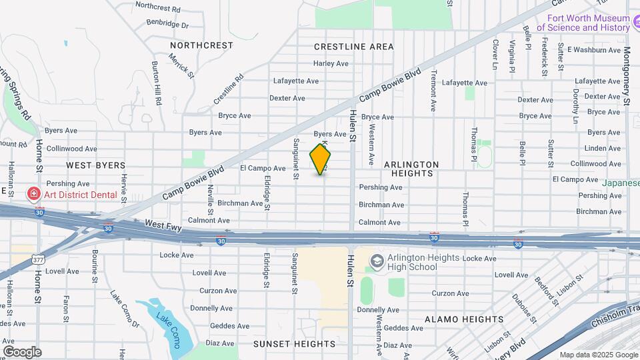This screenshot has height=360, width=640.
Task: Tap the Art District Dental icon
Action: click(33, 195)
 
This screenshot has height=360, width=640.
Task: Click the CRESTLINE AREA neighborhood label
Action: click(354, 47)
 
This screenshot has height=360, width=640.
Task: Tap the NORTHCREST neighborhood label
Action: click(201, 45)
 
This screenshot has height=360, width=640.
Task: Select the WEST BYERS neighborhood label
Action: click(95, 165)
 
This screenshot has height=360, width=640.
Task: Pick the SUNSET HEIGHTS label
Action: click(294, 344)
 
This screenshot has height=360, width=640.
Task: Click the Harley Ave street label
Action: click(331, 64)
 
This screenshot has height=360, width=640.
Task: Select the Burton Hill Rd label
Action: click(157, 84)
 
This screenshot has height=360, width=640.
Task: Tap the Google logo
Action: click(22, 351)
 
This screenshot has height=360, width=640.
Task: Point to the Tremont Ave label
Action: click(433, 90)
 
